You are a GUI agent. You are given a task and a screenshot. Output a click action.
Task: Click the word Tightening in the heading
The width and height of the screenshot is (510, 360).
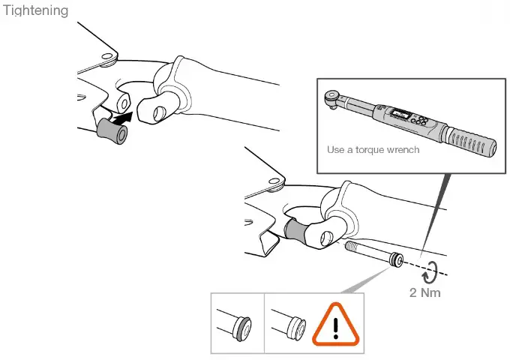(x=35, y=10)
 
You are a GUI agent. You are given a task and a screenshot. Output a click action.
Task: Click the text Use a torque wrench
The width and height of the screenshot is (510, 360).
(x=373, y=149)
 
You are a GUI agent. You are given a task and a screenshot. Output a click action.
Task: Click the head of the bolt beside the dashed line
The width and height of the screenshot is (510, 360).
(x=395, y=260)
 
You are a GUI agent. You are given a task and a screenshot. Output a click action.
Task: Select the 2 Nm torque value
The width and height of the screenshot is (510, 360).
(x=425, y=292)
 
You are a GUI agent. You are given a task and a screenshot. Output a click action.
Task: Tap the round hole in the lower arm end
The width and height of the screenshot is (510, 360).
(x=326, y=238)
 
